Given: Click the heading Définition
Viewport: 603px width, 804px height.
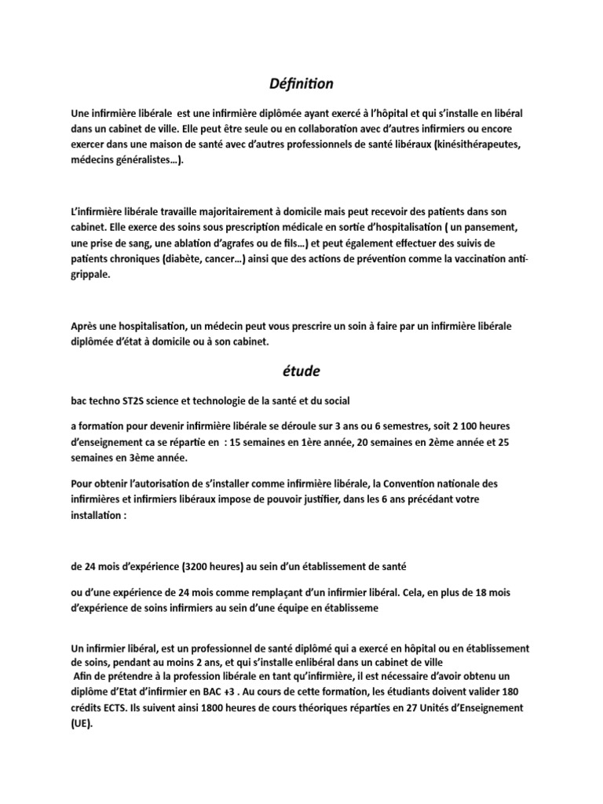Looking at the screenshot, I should (x=301, y=82).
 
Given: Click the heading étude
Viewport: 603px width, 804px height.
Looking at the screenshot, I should (x=301, y=371).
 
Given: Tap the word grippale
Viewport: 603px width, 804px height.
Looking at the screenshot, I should (x=91, y=276).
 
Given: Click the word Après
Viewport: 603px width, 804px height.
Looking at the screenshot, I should (x=85, y=325).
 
